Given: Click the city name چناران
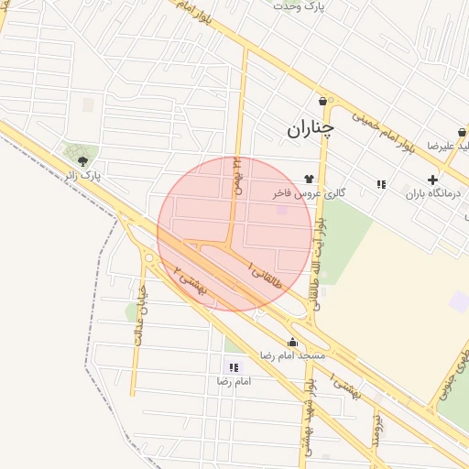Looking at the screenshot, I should pyautogui.click(x=311, y=129).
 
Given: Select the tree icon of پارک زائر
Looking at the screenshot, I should pyautogui.click(x=83, y=161).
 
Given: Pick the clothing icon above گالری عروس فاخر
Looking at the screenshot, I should pyautogui.click(x=309, y=179).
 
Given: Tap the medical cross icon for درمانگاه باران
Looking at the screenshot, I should pyautogui.click(x=432, y=180).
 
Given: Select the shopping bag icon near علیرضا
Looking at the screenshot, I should pyautogui.click(x=462, y=133).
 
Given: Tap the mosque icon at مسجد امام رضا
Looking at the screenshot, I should pyautogui.click(x=292, y=343).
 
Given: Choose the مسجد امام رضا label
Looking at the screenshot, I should pyautogui.click(x=293, y=354).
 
